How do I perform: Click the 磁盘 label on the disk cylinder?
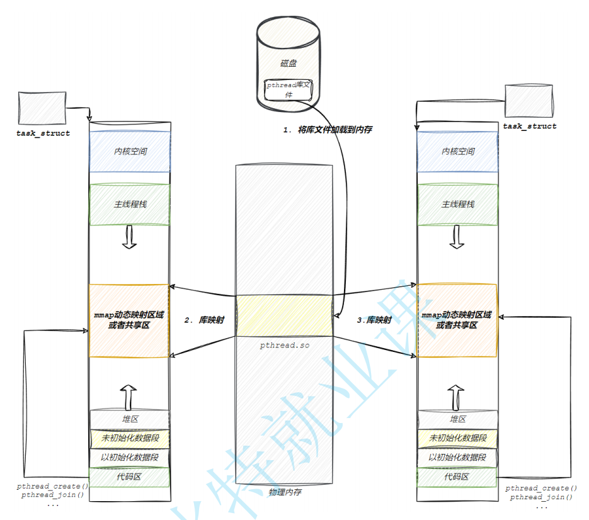[x=289, y=64]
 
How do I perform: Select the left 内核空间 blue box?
[x=130, y=151]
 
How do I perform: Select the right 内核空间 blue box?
[x=457, y=151]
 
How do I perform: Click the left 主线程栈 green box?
[x=130, y=205]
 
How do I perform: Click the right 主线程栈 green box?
[x=457, y=205]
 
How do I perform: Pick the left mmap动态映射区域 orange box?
[x=130, y=320]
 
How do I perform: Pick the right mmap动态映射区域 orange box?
[x=457, y=320]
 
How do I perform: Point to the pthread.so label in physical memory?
[x=284, y=346]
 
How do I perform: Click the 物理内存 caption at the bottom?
[x=284, y=492]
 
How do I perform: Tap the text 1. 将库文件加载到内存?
[x=328, y=130]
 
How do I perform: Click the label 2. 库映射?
[x=204, y=320]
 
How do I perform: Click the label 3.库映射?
[x=374, y=320]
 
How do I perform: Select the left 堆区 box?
[x=130, y=419]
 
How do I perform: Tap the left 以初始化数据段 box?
[x=130, y=458]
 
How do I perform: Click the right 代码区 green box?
[x=457, y=477]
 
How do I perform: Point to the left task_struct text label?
[x=43, y=133]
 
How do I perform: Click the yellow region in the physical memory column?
[x=284, y=315]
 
